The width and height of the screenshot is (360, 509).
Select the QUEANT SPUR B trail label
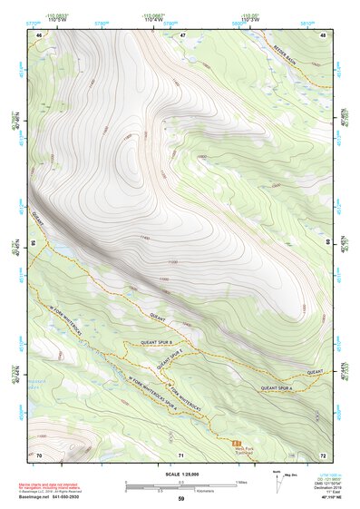click(161, 344)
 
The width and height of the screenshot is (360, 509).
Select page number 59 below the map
click(180, 499)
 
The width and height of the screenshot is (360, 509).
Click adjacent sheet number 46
click(38, 34)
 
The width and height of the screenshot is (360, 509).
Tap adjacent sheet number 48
click(323, 34)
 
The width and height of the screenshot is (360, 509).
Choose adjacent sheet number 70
click(38, 454)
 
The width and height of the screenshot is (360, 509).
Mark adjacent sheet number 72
click(323, 454)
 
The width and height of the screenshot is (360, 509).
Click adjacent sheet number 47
click(180, 34)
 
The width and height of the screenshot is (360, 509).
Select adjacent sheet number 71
click(180, 454)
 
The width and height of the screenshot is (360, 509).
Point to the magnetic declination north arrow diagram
click(278, 478)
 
